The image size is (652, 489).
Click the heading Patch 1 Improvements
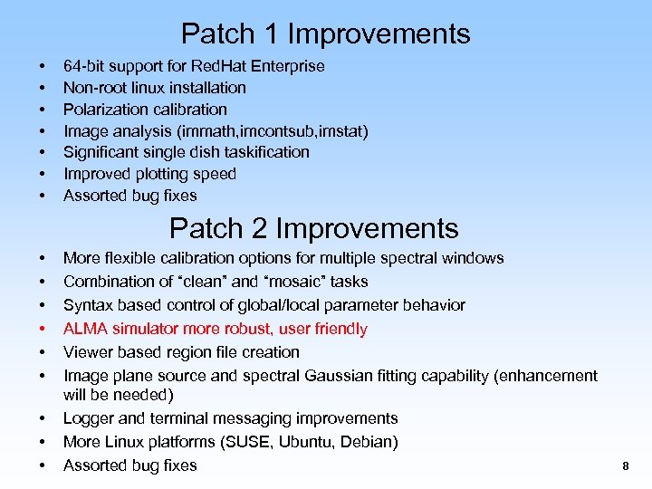click(325, 34)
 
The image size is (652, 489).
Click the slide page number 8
click(625, 466)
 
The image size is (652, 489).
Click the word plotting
click(164, 174)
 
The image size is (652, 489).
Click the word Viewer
click(87, 352)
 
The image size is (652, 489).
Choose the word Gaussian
click(379, 375)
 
